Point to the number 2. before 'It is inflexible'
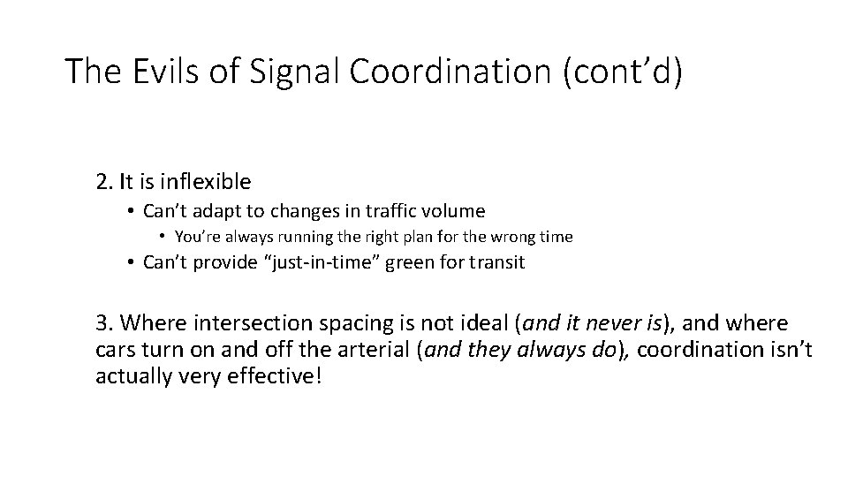click(x=105, y=182)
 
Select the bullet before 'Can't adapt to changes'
click(x=129, y=211)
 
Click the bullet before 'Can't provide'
click(x=129, y=263)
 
